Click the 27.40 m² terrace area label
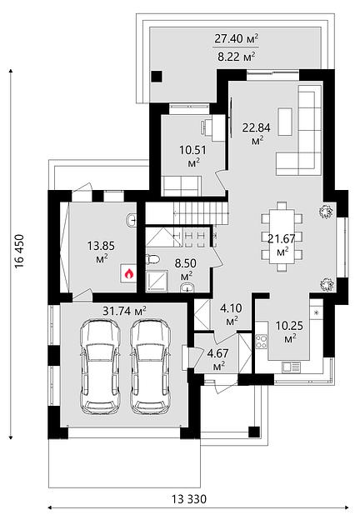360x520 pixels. coord(237,38)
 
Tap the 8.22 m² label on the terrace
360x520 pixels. coord(237,57)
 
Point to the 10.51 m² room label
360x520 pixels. coord(193,155)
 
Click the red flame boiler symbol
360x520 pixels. coord(128,274)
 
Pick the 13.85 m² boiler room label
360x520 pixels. coord(101,251)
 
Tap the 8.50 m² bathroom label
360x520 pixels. coord(186,268)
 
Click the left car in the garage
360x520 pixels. coord(100,367)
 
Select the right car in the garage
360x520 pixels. coord(151,367)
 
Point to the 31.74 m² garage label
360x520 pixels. coord(125,311)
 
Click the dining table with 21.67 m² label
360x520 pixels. coord(282,237)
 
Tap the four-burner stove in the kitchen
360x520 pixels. coord(261,342)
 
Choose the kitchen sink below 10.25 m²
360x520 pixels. coord(291,367)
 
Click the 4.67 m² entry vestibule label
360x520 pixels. coord(218,359)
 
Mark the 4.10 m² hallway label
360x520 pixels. coord(231,313)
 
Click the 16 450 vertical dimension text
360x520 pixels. coord(19,252)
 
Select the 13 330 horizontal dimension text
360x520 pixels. coord(189,499)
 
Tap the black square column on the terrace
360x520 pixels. coord(157,77)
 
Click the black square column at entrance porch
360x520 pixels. coord(254,432)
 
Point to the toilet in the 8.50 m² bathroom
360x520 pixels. coord(152,259)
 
